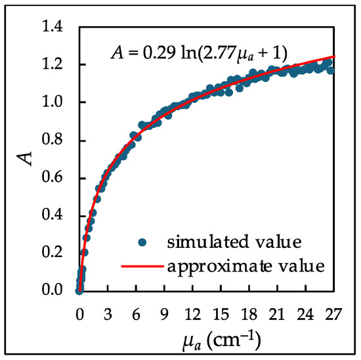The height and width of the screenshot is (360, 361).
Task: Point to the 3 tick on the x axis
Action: pyautogui.click(x=107, y=313)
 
